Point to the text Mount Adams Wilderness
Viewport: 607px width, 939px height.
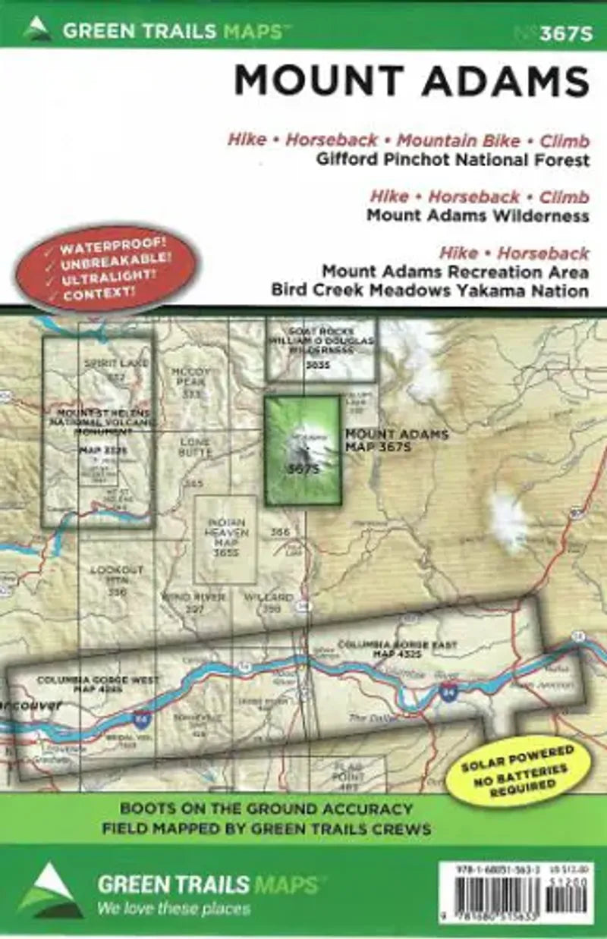477,215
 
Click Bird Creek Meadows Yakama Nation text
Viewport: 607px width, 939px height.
429,290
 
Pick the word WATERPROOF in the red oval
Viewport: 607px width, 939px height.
114,250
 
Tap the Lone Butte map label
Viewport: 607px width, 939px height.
195,448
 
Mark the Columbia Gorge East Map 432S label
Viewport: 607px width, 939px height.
397,649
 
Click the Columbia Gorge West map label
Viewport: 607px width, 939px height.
87,684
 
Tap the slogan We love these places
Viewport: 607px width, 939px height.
175,908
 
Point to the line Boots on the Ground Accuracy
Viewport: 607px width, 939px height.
266,809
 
